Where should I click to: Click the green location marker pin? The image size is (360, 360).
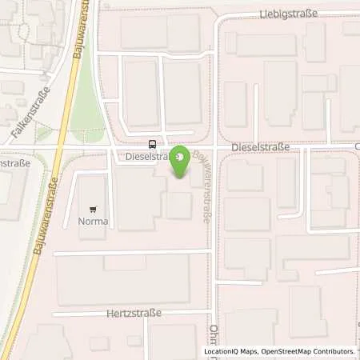182,161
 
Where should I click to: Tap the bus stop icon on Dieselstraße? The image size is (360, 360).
152,145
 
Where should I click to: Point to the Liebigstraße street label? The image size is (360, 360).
289,14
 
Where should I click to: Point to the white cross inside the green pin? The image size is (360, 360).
182,157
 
